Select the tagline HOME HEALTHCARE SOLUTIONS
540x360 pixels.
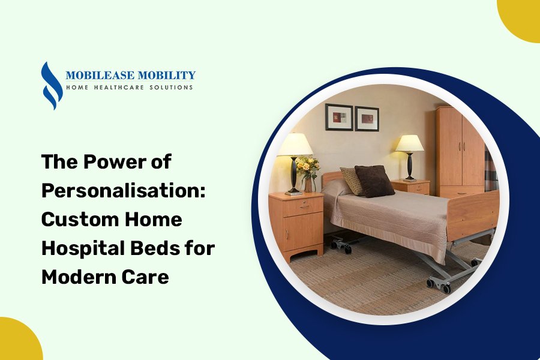tap(129, 88)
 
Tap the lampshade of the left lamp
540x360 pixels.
tap(294, 145)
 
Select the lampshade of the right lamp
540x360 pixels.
tap(410, 143)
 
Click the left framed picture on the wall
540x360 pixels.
tap(339, 117)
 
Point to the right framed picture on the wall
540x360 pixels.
tap(367, 118)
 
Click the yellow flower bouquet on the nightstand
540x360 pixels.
tap(307, 167)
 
